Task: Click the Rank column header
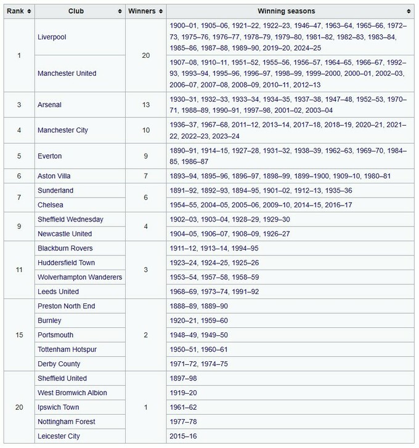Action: pyautogui.click(x=15, y=11)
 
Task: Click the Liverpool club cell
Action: pyautogui.click(x=52, y=37)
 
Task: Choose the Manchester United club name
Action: pyautogui.click(x=67, y=73)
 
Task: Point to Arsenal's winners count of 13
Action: pyautogui.click(x=146, y=105)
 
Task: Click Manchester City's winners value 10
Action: pyautogui.click(x=146, y=130)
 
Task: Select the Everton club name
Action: pyautogui.click(x=50, y=156)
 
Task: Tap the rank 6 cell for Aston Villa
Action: pyautogui.click(x=19, y=176)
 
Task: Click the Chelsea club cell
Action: pyautogui.click(x=51, y=205)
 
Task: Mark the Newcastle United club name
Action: pyautogui.click(x=65, y=234)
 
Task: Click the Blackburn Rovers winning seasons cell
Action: pyautogui.click(x=214, y=248)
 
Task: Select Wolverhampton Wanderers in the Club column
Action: pyautogui.click(x=79, y=277)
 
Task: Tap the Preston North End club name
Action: pyautogui.click(x=66, y=306)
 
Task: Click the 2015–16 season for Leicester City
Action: pyautogui.click(x=183, y=436)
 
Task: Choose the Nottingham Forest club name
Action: pyautogui.click(x=66, y=422)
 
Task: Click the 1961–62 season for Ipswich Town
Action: pyautogui.click(x=183, y=407)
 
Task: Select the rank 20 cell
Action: pyautogui.click(x=19, y=407)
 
